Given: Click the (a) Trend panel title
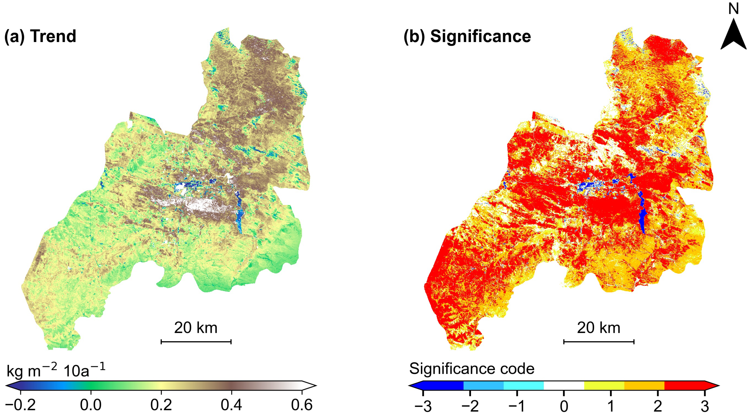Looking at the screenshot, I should pos(40,36).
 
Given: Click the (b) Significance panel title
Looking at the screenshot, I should pos(467,36).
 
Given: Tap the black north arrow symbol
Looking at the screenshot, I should pos(733,35).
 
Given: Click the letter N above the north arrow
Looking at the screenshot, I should pos(733,9).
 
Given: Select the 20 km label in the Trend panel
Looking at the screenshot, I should pos(196,328).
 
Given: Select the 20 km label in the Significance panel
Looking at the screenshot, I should pos(599,328).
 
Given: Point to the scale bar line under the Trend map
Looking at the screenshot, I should pos(196,341).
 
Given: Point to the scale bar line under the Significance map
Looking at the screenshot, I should pos(599,341).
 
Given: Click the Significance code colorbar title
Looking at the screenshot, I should pos(472,369).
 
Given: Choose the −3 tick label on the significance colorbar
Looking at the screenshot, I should pos(423,406).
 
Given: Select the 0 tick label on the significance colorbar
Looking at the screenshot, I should pos(564,406).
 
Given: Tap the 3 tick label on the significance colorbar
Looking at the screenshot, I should pos(705,406).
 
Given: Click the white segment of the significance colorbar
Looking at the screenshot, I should pos(564,385).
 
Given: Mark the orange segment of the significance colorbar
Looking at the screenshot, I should pos(644,385).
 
